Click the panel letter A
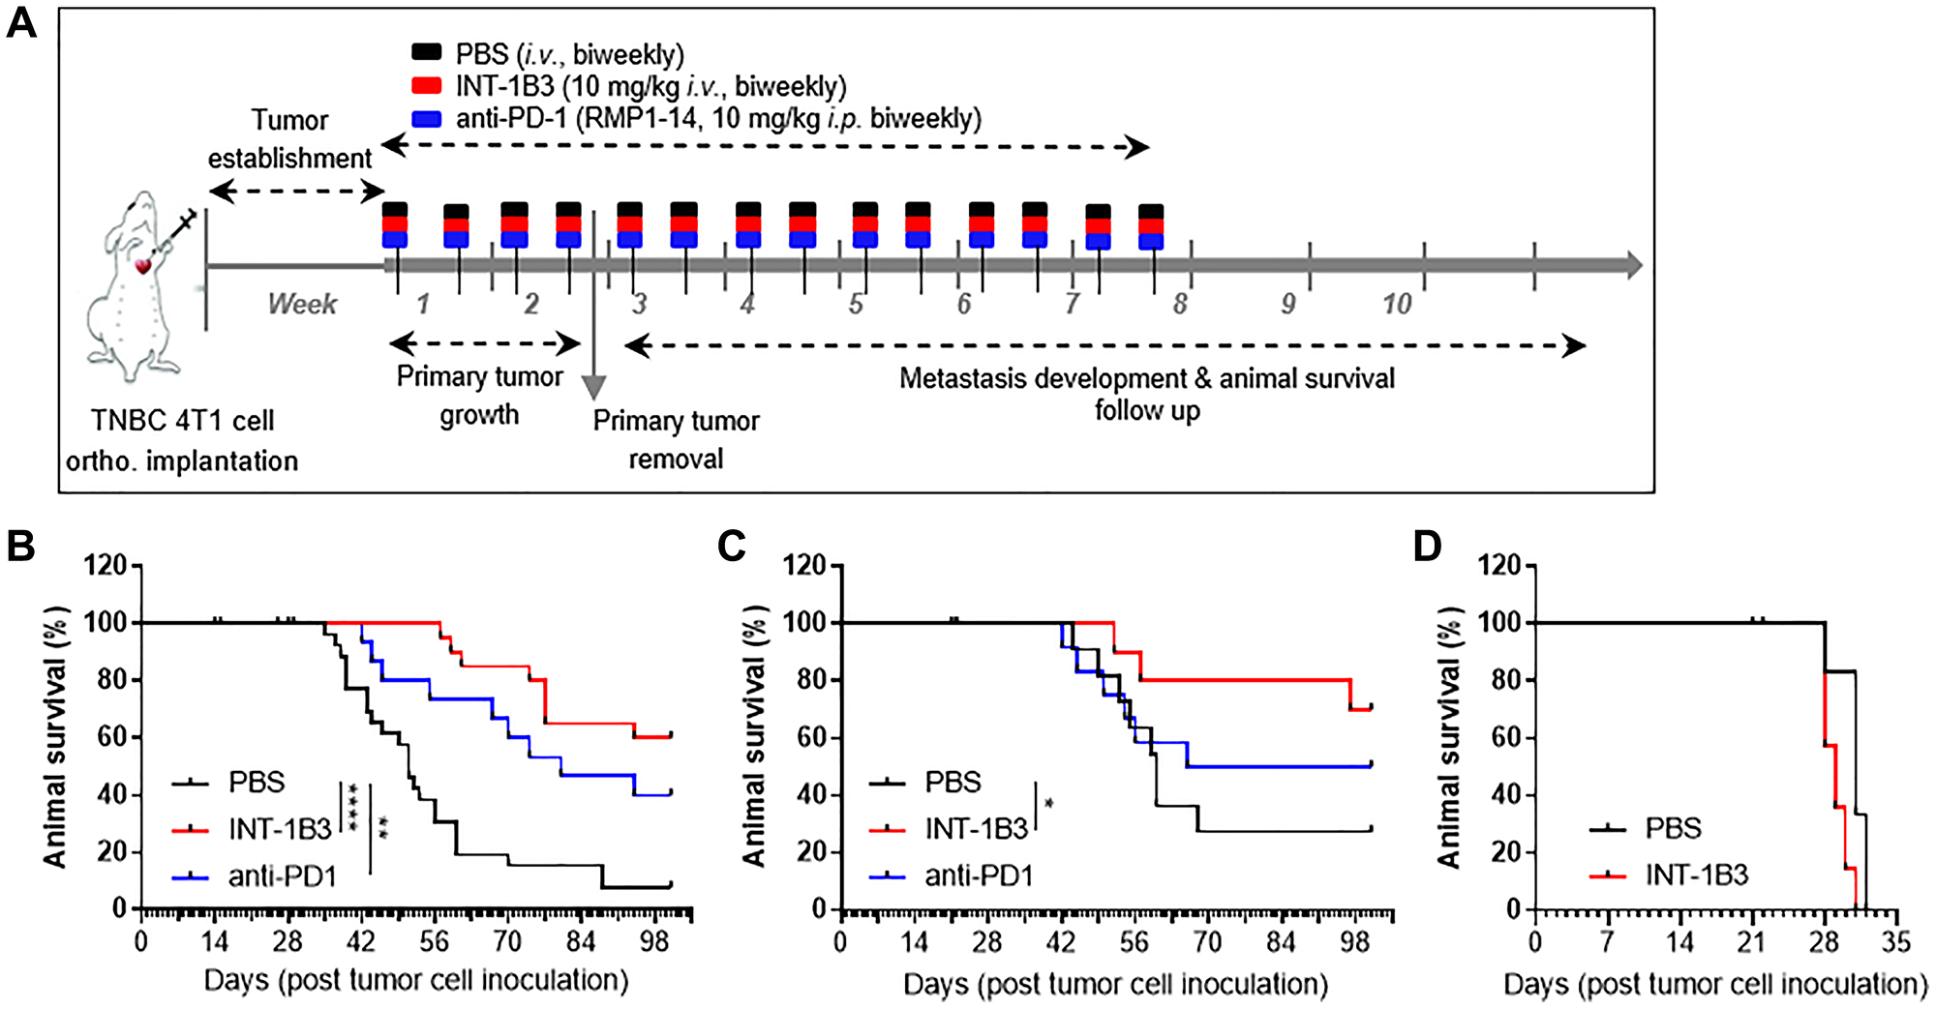[x=21, y=21]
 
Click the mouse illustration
[x=136, y=285]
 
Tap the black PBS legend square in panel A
[x=426, y=53]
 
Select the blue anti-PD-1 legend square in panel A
[x=426, y=119]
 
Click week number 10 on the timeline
[x=1397, y=305]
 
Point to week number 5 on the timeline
[x=856, y=305]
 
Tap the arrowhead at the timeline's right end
[x=1634, y=265]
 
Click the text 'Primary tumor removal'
[x=676, y=439]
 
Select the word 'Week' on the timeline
[x=303, y=305]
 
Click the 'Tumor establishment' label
[x=289, y=138]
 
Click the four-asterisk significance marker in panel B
[x=353, y=808]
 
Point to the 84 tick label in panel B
[x=581, y=942]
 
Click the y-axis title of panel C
[x=755, y=737]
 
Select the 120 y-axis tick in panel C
[x=803, y=565]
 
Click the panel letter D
[x=1427, y=548]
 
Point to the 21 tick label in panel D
[x=1752, y=942]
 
